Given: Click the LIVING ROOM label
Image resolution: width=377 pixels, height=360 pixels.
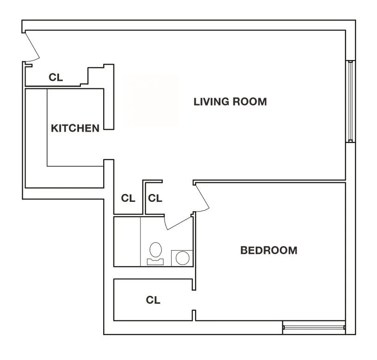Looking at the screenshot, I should click(x=230, y=101).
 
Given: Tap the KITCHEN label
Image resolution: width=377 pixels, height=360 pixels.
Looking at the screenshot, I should click(x=75, y=128).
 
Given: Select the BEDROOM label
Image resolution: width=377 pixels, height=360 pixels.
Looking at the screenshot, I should click(x=269, y=250).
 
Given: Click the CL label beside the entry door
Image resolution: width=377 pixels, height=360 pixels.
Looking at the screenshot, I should click(x=56, y=77).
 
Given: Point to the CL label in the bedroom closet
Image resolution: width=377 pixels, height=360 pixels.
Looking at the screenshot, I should click(x=153, y=300).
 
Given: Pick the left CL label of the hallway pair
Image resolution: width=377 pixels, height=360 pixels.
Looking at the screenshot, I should click(x=128, y=198).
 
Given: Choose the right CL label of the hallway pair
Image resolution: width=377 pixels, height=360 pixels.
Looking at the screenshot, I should click(x=155, y=198).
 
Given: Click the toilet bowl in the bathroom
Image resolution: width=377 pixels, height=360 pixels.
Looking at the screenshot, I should click(x=155, y=250).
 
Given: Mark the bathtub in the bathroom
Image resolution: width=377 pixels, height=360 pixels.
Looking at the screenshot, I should click(x=127, y=241).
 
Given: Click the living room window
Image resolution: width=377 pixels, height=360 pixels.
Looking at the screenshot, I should click(x=351, y=101).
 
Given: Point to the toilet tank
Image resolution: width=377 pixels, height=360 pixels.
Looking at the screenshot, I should click(x=155, y=261).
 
